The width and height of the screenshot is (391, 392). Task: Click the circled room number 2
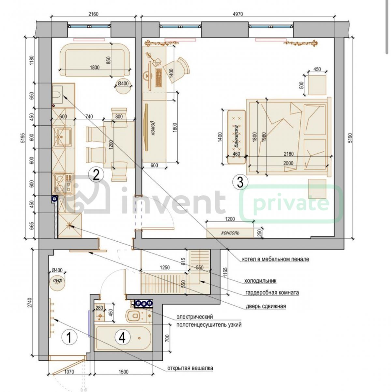pos(96,175)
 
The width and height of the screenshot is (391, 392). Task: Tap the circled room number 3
pos(240,182)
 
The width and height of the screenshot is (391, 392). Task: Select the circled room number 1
pos(69,338)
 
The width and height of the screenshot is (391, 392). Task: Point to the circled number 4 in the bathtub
pos(122,338)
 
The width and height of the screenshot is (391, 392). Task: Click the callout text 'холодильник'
pos(260,281)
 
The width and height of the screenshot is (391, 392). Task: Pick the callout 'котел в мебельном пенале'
pos(276,259)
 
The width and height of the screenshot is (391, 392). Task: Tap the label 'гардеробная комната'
pos(272,293)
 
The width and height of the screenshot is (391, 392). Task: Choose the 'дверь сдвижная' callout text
pos(266,306)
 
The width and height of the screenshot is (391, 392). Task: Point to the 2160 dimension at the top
pos(93,14)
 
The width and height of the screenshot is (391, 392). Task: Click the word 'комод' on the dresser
pos(152,128)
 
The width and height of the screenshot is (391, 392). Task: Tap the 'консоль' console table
pos(230,233)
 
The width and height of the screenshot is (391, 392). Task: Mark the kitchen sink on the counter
pos(64,137)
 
